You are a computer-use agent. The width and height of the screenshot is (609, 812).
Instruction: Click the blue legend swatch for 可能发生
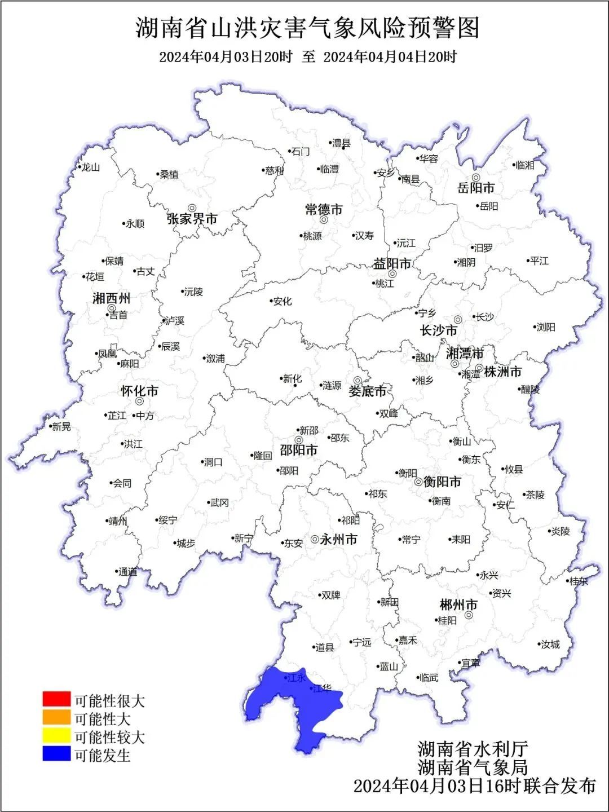point(56,753)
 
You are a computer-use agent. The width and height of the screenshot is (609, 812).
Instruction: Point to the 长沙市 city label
point(439,330)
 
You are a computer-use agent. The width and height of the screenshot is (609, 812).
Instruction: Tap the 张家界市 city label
point(192,219)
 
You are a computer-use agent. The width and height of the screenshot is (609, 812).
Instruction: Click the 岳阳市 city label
point(476,188)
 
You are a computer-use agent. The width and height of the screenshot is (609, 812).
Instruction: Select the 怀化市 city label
point(139,391)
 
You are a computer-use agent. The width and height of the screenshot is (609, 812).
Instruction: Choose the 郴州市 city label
point(458,605)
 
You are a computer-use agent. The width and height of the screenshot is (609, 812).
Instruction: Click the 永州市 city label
point(338,540)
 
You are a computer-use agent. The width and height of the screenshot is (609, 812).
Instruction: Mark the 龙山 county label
point(90,167)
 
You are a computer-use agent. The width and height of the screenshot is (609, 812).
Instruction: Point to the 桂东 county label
point(579,581)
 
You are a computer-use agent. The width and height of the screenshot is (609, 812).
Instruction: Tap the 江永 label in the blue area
point(296,678)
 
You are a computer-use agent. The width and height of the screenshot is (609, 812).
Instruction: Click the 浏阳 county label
point(545,327)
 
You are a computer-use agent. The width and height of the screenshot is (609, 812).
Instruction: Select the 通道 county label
point(127,572)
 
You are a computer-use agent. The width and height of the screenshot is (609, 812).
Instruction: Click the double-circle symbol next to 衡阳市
point(418,482)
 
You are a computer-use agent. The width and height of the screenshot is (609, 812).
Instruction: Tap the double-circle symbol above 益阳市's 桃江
point(392,274)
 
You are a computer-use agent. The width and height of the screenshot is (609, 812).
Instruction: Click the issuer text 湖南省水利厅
point(473,749)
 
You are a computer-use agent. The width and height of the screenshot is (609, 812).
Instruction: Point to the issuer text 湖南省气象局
point(473,767)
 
